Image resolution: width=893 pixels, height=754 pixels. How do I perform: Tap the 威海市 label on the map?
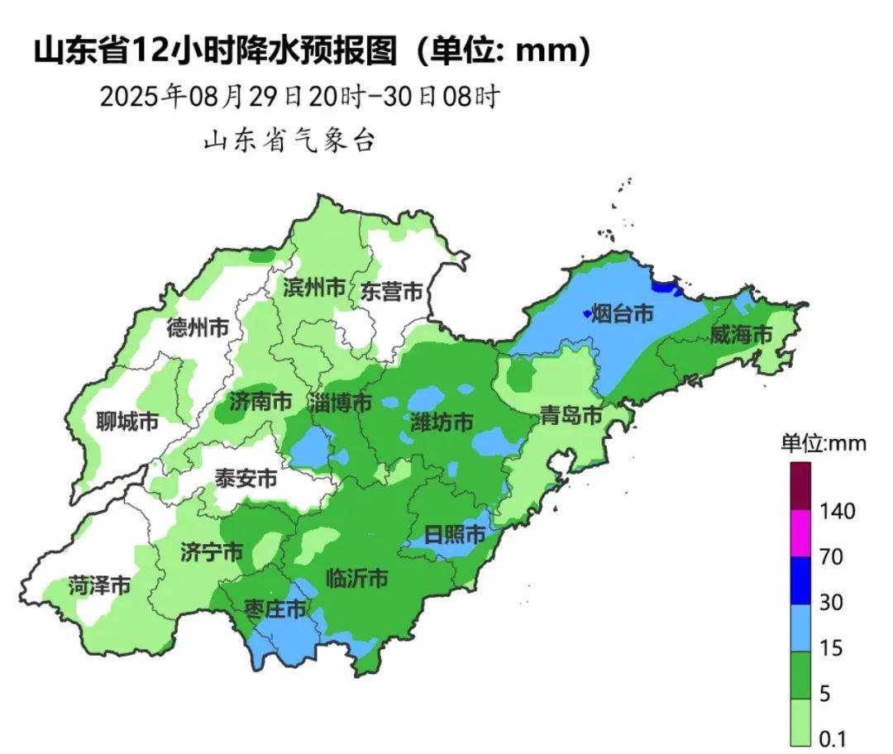click(x=741, y=335)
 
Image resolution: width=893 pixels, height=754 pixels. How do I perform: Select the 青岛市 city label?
click(x=571, y=416)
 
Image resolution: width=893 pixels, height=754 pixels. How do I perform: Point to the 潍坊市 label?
click(x=442, y=422)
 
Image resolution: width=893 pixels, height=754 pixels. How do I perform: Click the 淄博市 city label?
click(x=340, y=403)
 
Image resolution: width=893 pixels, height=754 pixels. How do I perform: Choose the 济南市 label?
click(x=260, y=403)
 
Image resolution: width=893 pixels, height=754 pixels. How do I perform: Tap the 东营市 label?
click(x=392, y=292)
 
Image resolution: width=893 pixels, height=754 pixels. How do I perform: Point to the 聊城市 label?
click(x=127, y=422)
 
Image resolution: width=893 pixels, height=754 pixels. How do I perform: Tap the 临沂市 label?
click(x=357, y=578)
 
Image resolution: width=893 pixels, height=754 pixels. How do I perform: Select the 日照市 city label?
click(x=454, y=535)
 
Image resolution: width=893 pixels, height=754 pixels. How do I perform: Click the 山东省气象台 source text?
click(x=289, y=141)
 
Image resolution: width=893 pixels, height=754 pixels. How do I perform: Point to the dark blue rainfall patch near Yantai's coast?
click(x=662, y=287)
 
